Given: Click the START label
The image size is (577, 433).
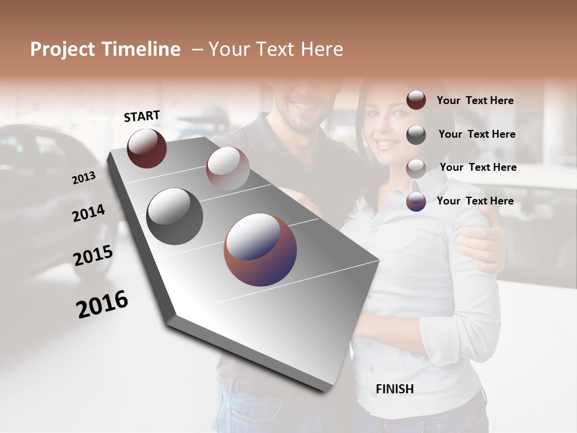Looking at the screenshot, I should point(142,116).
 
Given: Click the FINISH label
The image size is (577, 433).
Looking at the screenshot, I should point(394,389).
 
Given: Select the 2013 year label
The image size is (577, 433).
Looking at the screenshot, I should point(84,178).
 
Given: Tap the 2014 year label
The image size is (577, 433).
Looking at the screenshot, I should point(88,213).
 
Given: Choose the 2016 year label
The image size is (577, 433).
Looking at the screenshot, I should point(102,304).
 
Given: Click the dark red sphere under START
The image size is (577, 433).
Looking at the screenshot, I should point(147,148).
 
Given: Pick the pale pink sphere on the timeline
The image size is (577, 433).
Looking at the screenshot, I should point(228,168).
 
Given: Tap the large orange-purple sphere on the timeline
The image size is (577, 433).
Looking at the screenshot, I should point(260,250).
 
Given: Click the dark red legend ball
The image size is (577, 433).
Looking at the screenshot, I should point(416,100).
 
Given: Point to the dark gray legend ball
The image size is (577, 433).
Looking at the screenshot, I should point(416,135).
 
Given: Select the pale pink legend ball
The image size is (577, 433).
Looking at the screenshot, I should point(416,168).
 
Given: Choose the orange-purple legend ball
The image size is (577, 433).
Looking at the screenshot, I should point(416,201).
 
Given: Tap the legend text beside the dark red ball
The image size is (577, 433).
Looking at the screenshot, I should point(475,100).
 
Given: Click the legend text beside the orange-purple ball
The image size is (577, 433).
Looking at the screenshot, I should point(475,201).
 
